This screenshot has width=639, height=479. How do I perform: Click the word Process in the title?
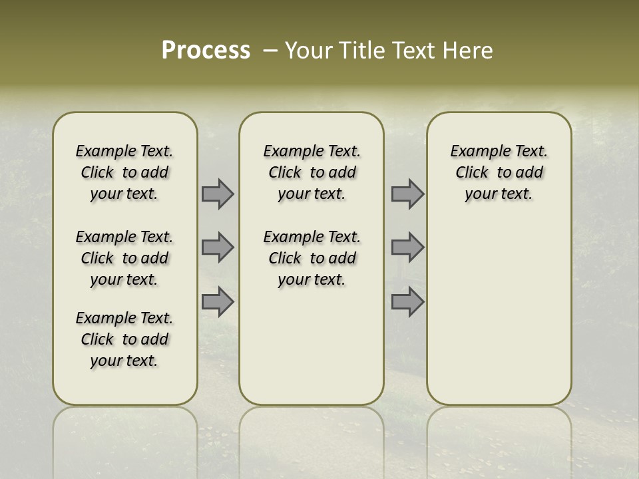click(206, 51)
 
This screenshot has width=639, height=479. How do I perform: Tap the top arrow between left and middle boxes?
click(218, 194)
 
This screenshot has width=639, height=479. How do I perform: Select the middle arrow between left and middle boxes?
click(218, 247)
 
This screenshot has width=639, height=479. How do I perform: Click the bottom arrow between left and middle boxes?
click(218, 301)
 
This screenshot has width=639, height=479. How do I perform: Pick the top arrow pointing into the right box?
click(407, 194)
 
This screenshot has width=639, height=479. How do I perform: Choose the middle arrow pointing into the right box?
click(407, 247)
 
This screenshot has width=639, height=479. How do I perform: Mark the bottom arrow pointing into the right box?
click(407, 301)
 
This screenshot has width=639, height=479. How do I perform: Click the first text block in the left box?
click(124, 172)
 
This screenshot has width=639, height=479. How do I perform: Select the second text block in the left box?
click(124, 258)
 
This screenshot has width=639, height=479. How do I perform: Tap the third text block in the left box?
click(124, 339)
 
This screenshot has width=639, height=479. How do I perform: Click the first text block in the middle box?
click(312, 172)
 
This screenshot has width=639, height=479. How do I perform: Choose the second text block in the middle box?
click(312, 258)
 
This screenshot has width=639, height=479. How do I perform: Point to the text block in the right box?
click(499, 172)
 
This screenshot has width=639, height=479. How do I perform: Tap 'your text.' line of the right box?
click(499, 194)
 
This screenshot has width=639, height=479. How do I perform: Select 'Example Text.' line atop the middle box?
click(312, 152)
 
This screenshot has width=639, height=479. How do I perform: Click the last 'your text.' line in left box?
click(124, 361)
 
